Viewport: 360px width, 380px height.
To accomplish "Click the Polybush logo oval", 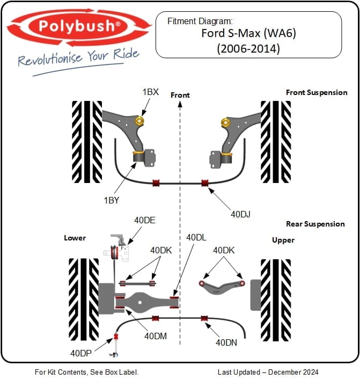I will coord(78,26).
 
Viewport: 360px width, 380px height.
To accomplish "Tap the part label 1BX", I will coord(150,92).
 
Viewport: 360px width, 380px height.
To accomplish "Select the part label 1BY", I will coord(111,200).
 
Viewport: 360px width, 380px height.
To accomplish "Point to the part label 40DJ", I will coord(241,214).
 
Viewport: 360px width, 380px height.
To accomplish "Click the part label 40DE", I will coord(144,220).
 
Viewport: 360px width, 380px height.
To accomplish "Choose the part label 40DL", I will coord(196,237).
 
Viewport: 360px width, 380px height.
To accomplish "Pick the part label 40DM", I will coord(156,337).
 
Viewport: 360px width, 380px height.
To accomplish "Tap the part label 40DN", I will coord(226,342).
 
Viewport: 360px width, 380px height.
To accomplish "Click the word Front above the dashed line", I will coord(180,95).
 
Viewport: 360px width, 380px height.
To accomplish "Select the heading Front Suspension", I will coord(317,92).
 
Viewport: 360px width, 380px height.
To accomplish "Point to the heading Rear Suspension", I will coord(315,224).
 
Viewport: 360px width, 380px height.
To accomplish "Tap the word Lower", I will coord(75,238).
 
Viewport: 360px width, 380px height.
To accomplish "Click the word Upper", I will coord(283,240).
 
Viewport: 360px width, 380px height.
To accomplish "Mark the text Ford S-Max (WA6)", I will coord(248,33).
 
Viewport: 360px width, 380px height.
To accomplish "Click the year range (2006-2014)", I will coord(248,48).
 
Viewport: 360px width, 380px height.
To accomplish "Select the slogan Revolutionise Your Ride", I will coord(78,57).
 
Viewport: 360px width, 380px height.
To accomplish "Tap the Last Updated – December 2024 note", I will coord(268,372).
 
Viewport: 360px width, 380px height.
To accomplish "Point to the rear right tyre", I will coord(276,299).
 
